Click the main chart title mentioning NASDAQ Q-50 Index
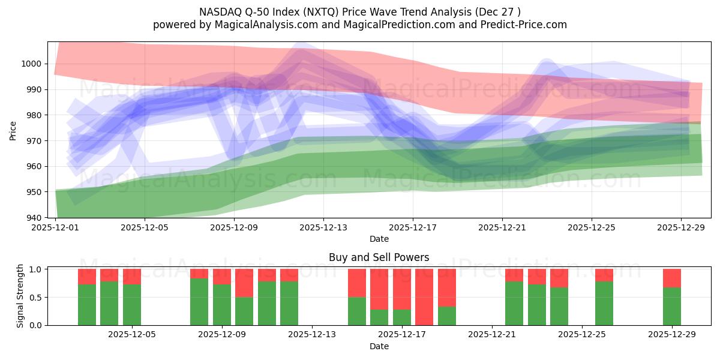(360, 11)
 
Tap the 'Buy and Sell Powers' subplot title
(379, 257)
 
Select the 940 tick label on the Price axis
(35, 218)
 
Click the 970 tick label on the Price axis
(35, 141)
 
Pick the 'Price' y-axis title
(13, 130)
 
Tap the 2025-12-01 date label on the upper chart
(55, 228)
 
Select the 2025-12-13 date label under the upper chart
(323, 228)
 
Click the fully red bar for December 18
(424, 297)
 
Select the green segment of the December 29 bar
(672, 306)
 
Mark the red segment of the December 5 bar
(132, 277)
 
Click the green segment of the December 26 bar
(604, 303)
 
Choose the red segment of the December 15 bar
(357, 283)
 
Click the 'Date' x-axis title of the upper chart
(379, 239)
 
